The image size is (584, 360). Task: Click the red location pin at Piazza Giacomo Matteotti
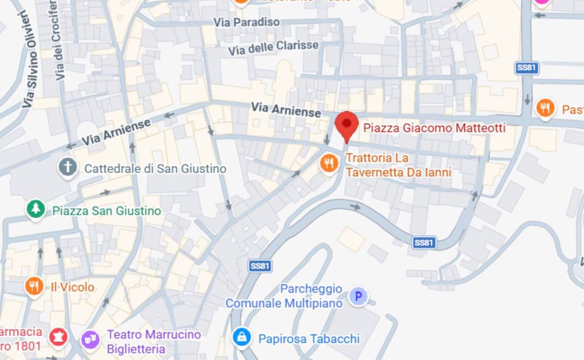[x=346, y=125]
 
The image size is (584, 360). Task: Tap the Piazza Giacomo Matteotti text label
[x=434, y=128]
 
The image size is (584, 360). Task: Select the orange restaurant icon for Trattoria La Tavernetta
[x=329, y=164]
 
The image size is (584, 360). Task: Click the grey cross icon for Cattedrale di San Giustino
[x=68, y=168]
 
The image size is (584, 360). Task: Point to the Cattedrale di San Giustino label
[x=155, y=169]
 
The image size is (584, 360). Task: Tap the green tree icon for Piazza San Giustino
[x=36, y=210]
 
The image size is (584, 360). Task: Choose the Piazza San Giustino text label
[x=107, y=211]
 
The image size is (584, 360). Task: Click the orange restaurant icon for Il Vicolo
[x=34, y=286]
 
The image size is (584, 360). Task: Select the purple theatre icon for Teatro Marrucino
[x=90, y=339]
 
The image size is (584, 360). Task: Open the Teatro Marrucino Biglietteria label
[x=154, y=341]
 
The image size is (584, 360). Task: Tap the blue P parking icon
[x=358, y=296]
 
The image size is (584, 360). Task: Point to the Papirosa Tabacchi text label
[x=309, y=339]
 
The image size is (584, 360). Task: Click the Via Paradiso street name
[x=247, y=22]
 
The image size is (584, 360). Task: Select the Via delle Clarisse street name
[x=273, y=47]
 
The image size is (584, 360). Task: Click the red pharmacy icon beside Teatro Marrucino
[x=58, y=337]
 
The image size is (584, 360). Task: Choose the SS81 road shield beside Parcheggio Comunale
[x=260, y=266]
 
